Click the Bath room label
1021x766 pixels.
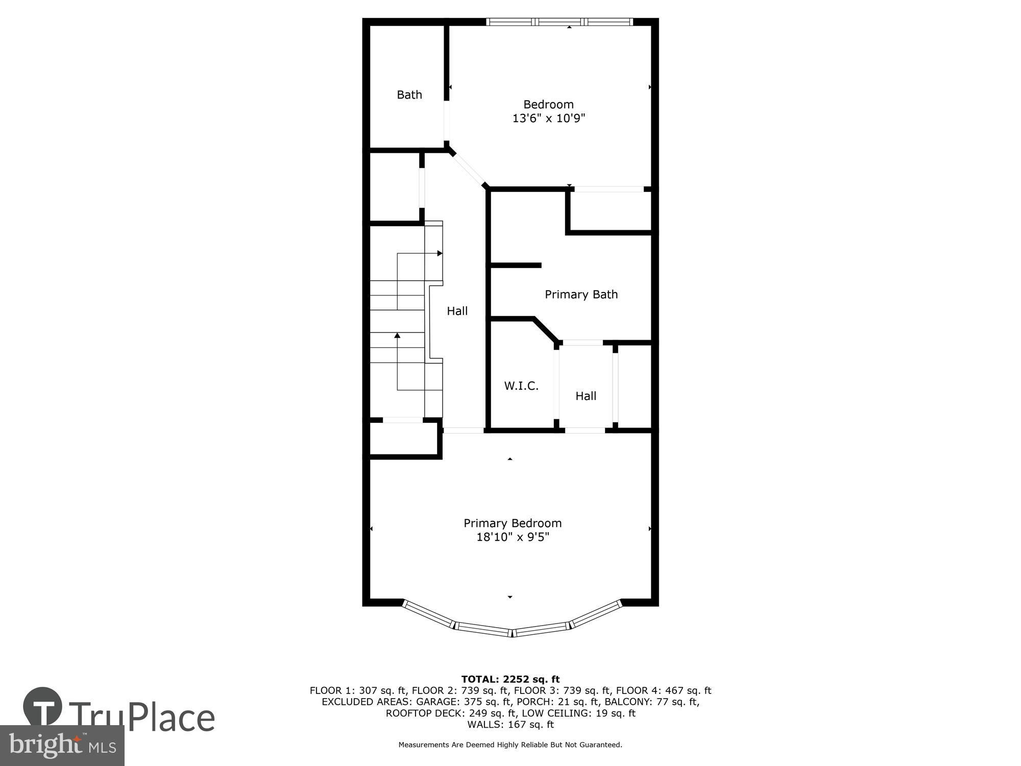pyautogui.click(x=409, y=94)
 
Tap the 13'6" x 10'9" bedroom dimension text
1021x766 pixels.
pyautogui.click(x=548, y=118)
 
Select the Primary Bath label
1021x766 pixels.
pyautogui.click(x=581, y=294)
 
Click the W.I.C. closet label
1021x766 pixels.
pyautogui.click(x=521, y=386)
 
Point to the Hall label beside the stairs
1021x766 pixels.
pyautogui.click(x=457, y=311)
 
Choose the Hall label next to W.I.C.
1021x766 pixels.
pyautogui.click(x=586, y=396)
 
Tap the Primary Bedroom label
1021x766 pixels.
pyautogui.click(x=513, y=523)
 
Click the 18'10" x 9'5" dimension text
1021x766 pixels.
pyautogui.click(x=513, y=537)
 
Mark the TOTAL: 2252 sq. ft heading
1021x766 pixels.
pyautogui.click(x=510, y=679)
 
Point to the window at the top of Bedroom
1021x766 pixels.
pyautogui.click(x=560, y=22)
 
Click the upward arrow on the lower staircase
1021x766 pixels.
pyautogui.click(x=397, y=362)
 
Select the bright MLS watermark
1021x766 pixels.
pyautogui.click(x=62, y=746)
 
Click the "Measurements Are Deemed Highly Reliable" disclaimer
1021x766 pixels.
pyautogui.click(x=510, y=745)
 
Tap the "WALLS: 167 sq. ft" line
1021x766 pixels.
pyautogui.click(x=510, y=725)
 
